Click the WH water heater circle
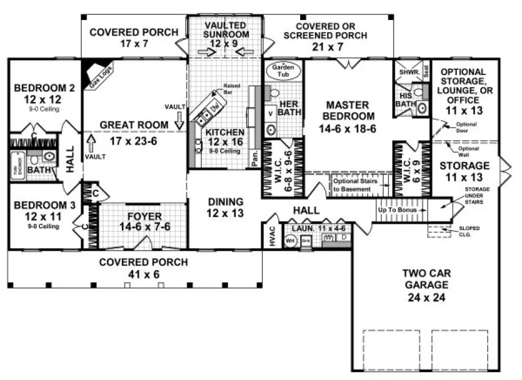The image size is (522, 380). coord(290,240)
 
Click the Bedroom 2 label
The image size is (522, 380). coord(37,94)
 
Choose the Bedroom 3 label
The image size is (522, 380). coord(37,211)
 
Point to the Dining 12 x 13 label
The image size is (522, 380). coord(225,207)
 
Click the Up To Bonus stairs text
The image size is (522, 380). coord(397,210)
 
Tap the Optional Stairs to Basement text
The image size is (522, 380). coord(352,184)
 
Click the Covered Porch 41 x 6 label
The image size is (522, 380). coord(143,268)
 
